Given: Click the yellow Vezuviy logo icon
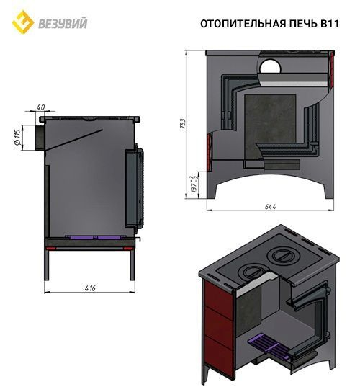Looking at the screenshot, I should (24, 22).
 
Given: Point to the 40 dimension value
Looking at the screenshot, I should (39, 107).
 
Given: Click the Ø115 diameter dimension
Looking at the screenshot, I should (17, 137).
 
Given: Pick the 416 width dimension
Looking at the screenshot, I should (90, 288).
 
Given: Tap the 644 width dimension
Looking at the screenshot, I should (271, 207).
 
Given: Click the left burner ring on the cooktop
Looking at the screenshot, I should (253, 272).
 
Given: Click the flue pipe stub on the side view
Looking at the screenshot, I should (34, 137).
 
